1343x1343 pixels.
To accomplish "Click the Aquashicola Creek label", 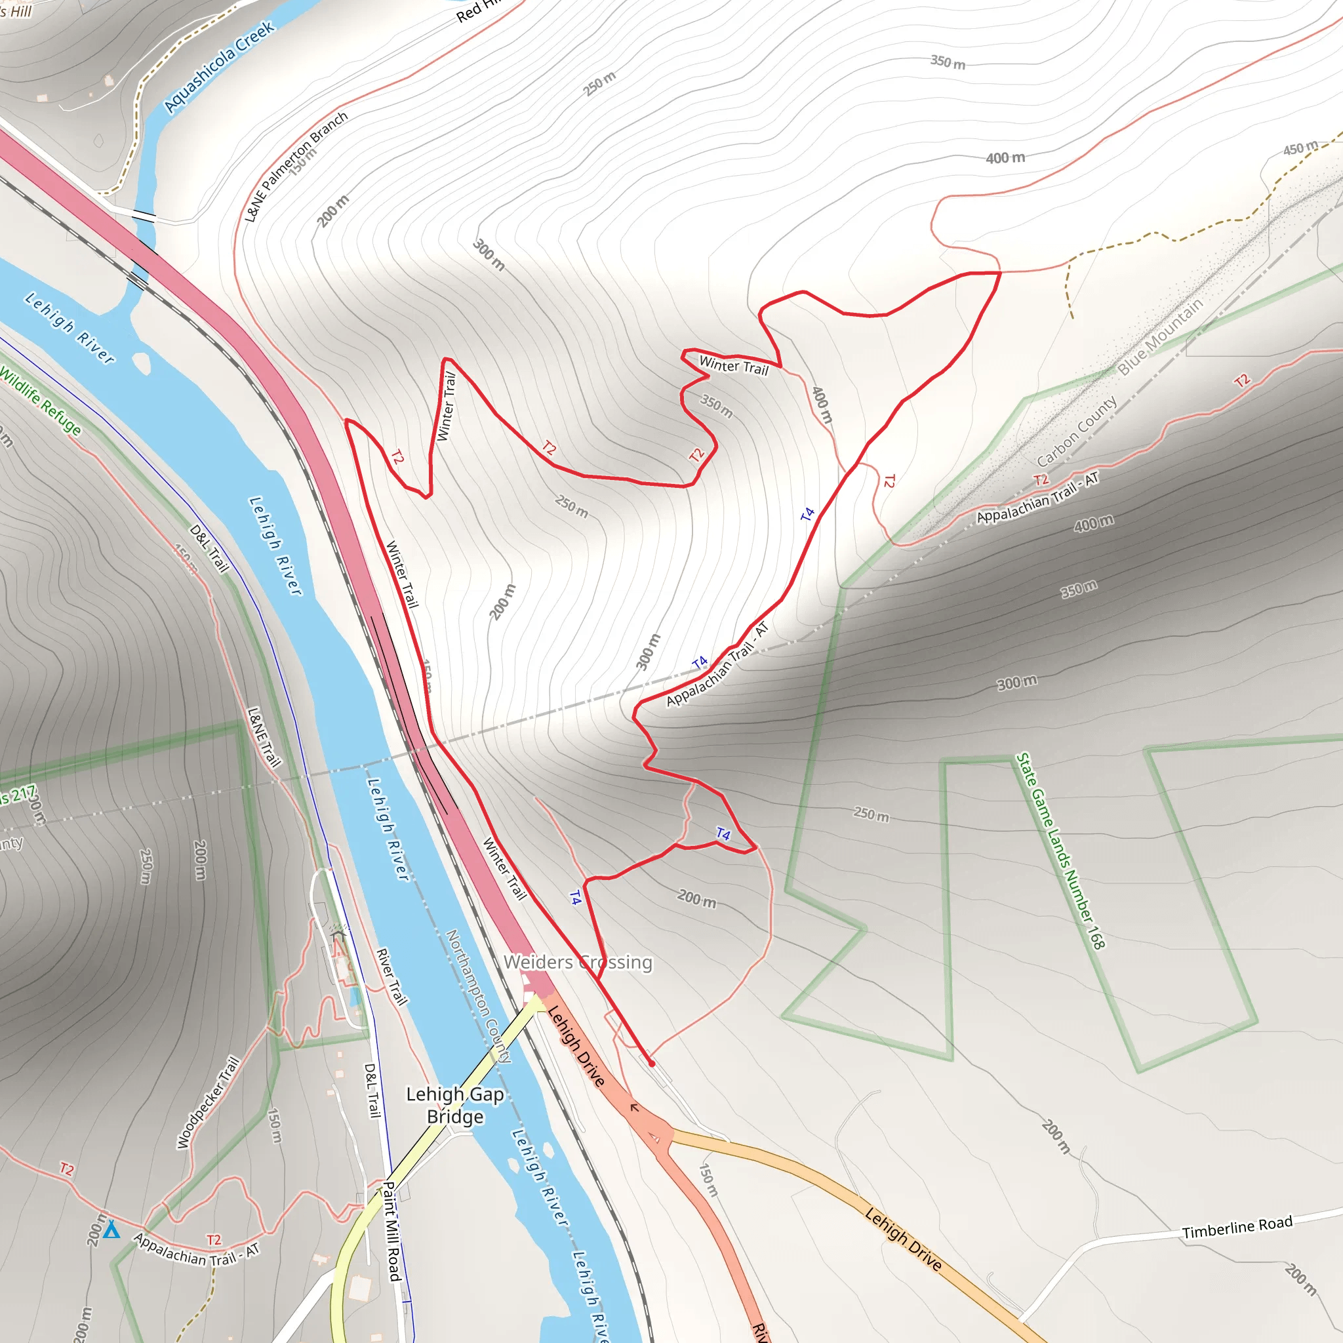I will tap(220, 66).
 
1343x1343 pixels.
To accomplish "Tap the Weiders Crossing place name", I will tap(578, 962).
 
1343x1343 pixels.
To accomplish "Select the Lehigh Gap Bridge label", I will tap(454, 1105).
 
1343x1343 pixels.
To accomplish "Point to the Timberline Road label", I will tap(1237, 1227).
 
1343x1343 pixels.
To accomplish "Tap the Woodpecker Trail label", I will tap(208, 1102).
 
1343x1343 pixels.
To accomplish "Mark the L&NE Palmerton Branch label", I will tap(296, 167).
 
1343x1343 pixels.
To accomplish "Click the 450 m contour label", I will tap(1300, 148).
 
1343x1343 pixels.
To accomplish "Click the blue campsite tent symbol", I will tap(112, 1230).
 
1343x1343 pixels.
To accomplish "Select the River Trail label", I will tap(391, 976).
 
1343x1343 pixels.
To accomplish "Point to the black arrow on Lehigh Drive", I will tap(634, 1108).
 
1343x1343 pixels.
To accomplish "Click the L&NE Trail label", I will tap(264, 737).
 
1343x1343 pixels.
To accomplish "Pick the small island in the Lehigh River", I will tap(141, 362).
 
